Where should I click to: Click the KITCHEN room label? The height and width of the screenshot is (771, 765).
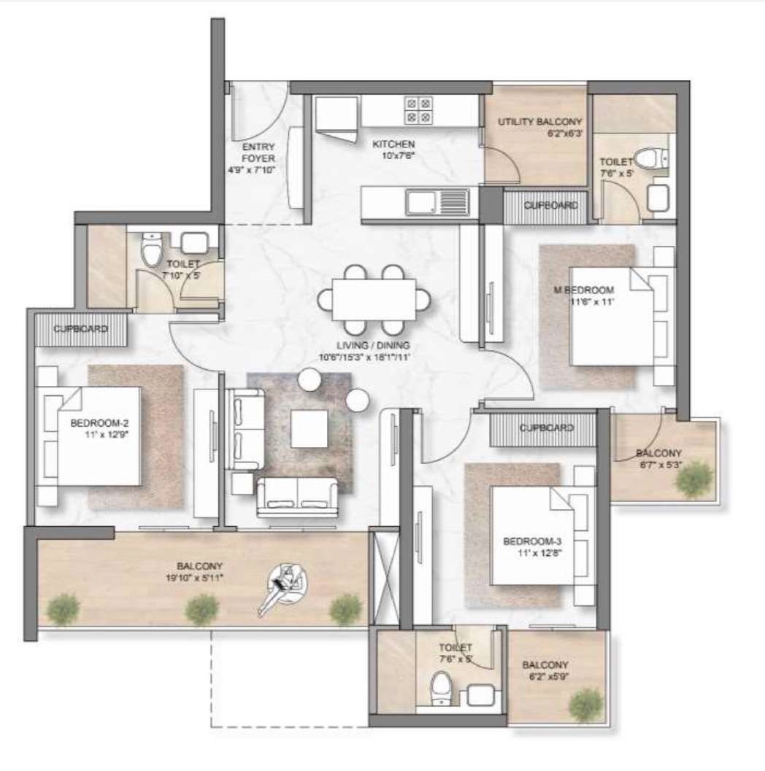[x=396, y=144]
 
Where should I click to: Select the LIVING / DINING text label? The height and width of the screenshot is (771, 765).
[x=364, y=345]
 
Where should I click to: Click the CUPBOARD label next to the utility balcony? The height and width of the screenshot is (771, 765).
[x=551, y=206]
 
